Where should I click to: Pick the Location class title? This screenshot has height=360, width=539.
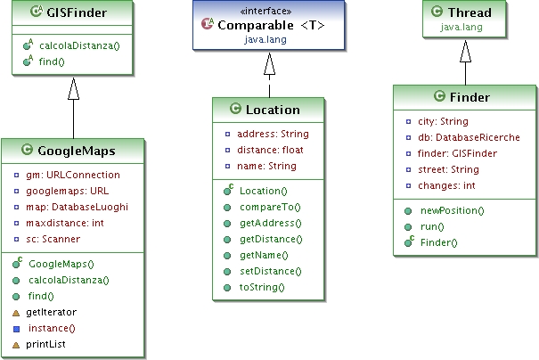tap(272, 110)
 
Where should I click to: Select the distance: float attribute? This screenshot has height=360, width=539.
tap(269, 150)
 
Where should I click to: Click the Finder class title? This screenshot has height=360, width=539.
tap(469, 97)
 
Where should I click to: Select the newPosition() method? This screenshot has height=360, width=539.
tap(452, 210)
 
